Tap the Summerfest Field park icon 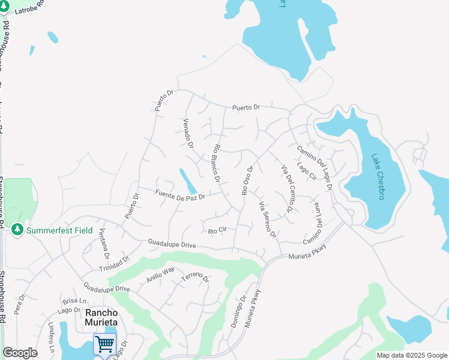tap(17, 230)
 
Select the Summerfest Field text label tap(60, 230)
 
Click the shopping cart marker tap(104, 344)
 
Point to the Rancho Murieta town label tap(101, 317)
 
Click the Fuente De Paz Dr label tap(180, 194)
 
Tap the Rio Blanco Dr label tap(216, 163)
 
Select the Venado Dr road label tap(187, 133)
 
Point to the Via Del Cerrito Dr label tap(286, 188)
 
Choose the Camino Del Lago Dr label tap(315, 167)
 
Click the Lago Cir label tap(306, 171)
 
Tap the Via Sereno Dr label tap(267, 220)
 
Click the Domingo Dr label tap(238, 311)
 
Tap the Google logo tap(20, 353)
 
